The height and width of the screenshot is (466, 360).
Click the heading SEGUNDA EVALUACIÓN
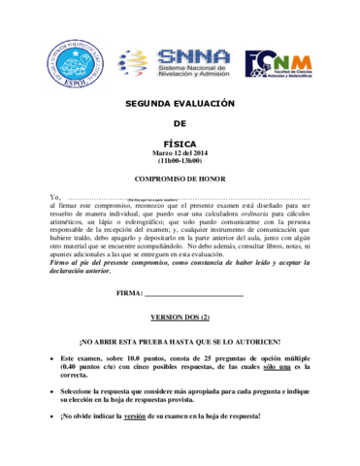pos(180,102)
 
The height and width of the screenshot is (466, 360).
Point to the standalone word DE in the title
pos(180,122)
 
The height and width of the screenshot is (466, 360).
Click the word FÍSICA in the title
pos(180,142)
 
